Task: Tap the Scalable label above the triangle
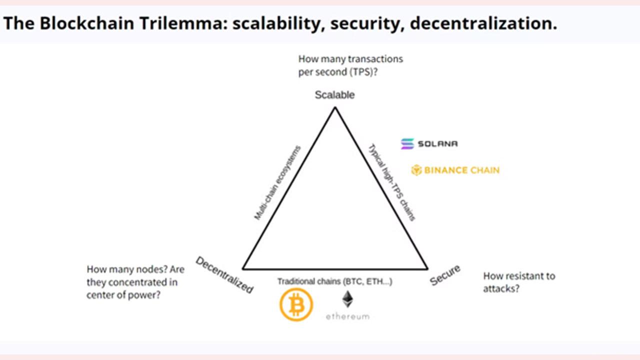tap(334, 95)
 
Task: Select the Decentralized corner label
tap(224, 274)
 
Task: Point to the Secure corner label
tap(445, 275)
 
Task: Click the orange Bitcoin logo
tap(296, 304)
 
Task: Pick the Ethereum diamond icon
tap(347, 299)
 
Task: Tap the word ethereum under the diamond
tap(347, 316)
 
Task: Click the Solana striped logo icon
tap(407, 143)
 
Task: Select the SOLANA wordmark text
tap(437, 143)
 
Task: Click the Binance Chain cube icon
tap(416, 170)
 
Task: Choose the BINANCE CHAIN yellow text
tap(462, 170)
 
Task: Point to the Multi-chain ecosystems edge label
tap(277, 183)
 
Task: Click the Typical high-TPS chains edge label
tap(391, 182)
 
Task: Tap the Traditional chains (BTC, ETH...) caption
tap(334, 281)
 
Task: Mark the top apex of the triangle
tap(335, 107)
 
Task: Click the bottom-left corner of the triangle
tap(243, 269)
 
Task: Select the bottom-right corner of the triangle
tap(427, 269)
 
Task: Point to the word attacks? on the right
tap(501, 288)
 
